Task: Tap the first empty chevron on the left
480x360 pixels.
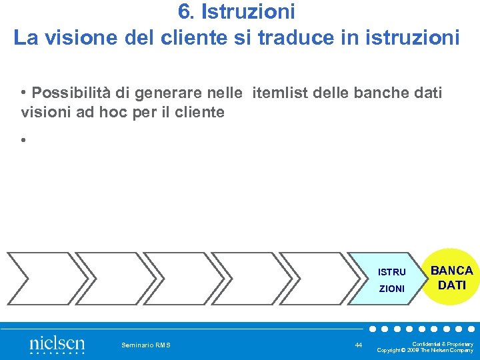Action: pos(39,278)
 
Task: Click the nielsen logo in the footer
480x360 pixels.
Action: pos(57,344)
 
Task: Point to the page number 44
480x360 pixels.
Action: pos(359,345)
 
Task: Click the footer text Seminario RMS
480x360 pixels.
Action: pos(146,345)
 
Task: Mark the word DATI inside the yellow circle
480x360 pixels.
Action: pos(451,285)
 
